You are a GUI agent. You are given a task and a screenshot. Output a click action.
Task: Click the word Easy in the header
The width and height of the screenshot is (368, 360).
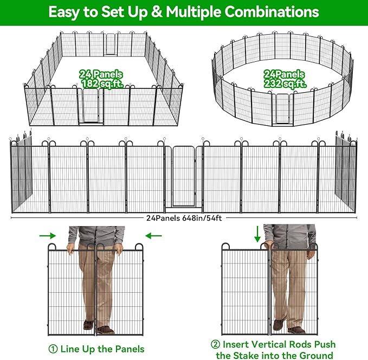65,11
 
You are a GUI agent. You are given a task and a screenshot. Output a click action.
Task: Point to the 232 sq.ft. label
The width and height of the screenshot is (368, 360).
285,84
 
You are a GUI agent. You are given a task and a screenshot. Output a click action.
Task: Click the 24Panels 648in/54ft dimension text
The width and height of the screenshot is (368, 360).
184,218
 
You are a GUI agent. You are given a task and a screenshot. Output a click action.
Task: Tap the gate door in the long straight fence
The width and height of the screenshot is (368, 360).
184,176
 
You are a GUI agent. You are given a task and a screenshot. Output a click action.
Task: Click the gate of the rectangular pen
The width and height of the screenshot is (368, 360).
90,106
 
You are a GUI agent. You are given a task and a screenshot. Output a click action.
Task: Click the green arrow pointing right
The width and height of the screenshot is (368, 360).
48,235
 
